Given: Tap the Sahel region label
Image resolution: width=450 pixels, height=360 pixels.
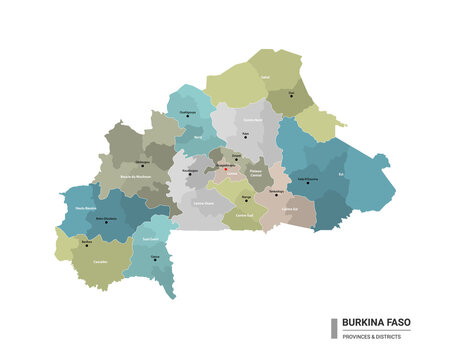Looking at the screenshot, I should pyautogui.click(x=265, y=75).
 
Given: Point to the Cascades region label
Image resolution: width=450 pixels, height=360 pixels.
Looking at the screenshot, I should pyautogui.click(x=100, y=261).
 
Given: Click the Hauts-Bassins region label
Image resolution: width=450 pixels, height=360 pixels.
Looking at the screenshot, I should pyautogui.click(x=86, y=208).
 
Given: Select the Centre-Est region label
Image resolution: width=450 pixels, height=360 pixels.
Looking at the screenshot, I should pyautogui.click(x=289, y=208).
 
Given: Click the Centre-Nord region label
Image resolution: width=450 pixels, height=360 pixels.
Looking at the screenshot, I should pyautogui.click(x=252, y=120).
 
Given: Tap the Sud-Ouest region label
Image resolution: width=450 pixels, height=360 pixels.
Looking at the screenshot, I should pyautogui.click(x=151, y=239).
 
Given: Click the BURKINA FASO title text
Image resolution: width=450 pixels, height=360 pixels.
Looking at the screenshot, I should pyautogui.click(x=376, y=323).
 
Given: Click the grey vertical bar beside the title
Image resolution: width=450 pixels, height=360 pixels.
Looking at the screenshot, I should pyautogui.click(x=334, y=328).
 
